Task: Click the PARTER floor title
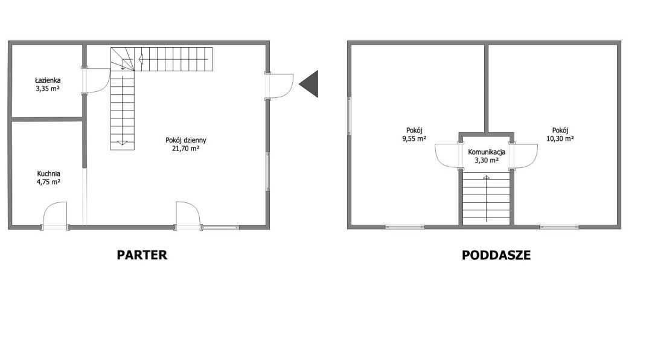[142, 255]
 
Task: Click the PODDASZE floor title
[496, 255]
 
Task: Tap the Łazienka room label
[48, 80]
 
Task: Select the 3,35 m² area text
[48, 88]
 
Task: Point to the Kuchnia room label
[49, 173]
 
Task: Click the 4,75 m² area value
[49, 182]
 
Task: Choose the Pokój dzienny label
[186, 140]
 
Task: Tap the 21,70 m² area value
[186, 148]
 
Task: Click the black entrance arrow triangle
[309, 83]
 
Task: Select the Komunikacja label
[487, 152]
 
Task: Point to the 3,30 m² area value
[487, 160]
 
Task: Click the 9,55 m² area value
[414, 138]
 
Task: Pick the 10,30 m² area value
[560, 138]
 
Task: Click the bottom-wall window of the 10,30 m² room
[559, 227]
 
